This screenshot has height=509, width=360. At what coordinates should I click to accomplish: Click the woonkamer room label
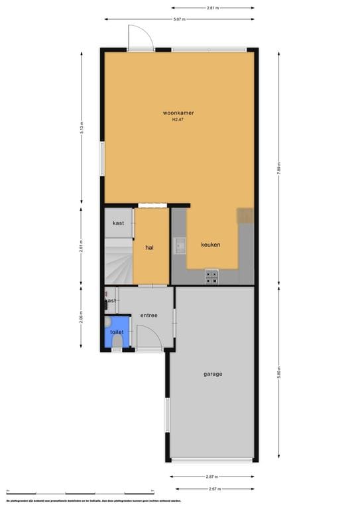[178, 113]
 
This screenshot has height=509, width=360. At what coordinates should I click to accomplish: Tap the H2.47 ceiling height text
[178, 120]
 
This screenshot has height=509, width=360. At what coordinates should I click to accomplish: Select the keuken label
[211, 245]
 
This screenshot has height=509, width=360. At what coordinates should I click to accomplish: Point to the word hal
[150, 247]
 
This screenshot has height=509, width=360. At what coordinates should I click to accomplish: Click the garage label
[213, 374]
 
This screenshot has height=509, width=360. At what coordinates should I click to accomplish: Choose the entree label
[149, 315]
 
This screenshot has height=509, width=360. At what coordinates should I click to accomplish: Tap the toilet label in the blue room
[117, 331]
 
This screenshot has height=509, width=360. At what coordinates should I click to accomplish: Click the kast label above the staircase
[118, 223]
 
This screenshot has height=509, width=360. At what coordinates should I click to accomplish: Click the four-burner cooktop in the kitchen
[212, 277]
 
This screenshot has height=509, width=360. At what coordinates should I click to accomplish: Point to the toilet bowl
[117, 341]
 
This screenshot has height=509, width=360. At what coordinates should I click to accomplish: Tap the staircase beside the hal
[118, 262]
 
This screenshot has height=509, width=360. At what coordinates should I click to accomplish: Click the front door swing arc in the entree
[150, 336]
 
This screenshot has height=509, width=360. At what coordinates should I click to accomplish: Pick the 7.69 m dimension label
[279, 168]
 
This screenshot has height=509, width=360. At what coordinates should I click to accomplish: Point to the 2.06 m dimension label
[82, 315]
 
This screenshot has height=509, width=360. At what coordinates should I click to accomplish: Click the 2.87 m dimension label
[212, 476]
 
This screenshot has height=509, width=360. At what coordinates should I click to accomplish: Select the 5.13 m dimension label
[82, 128]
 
